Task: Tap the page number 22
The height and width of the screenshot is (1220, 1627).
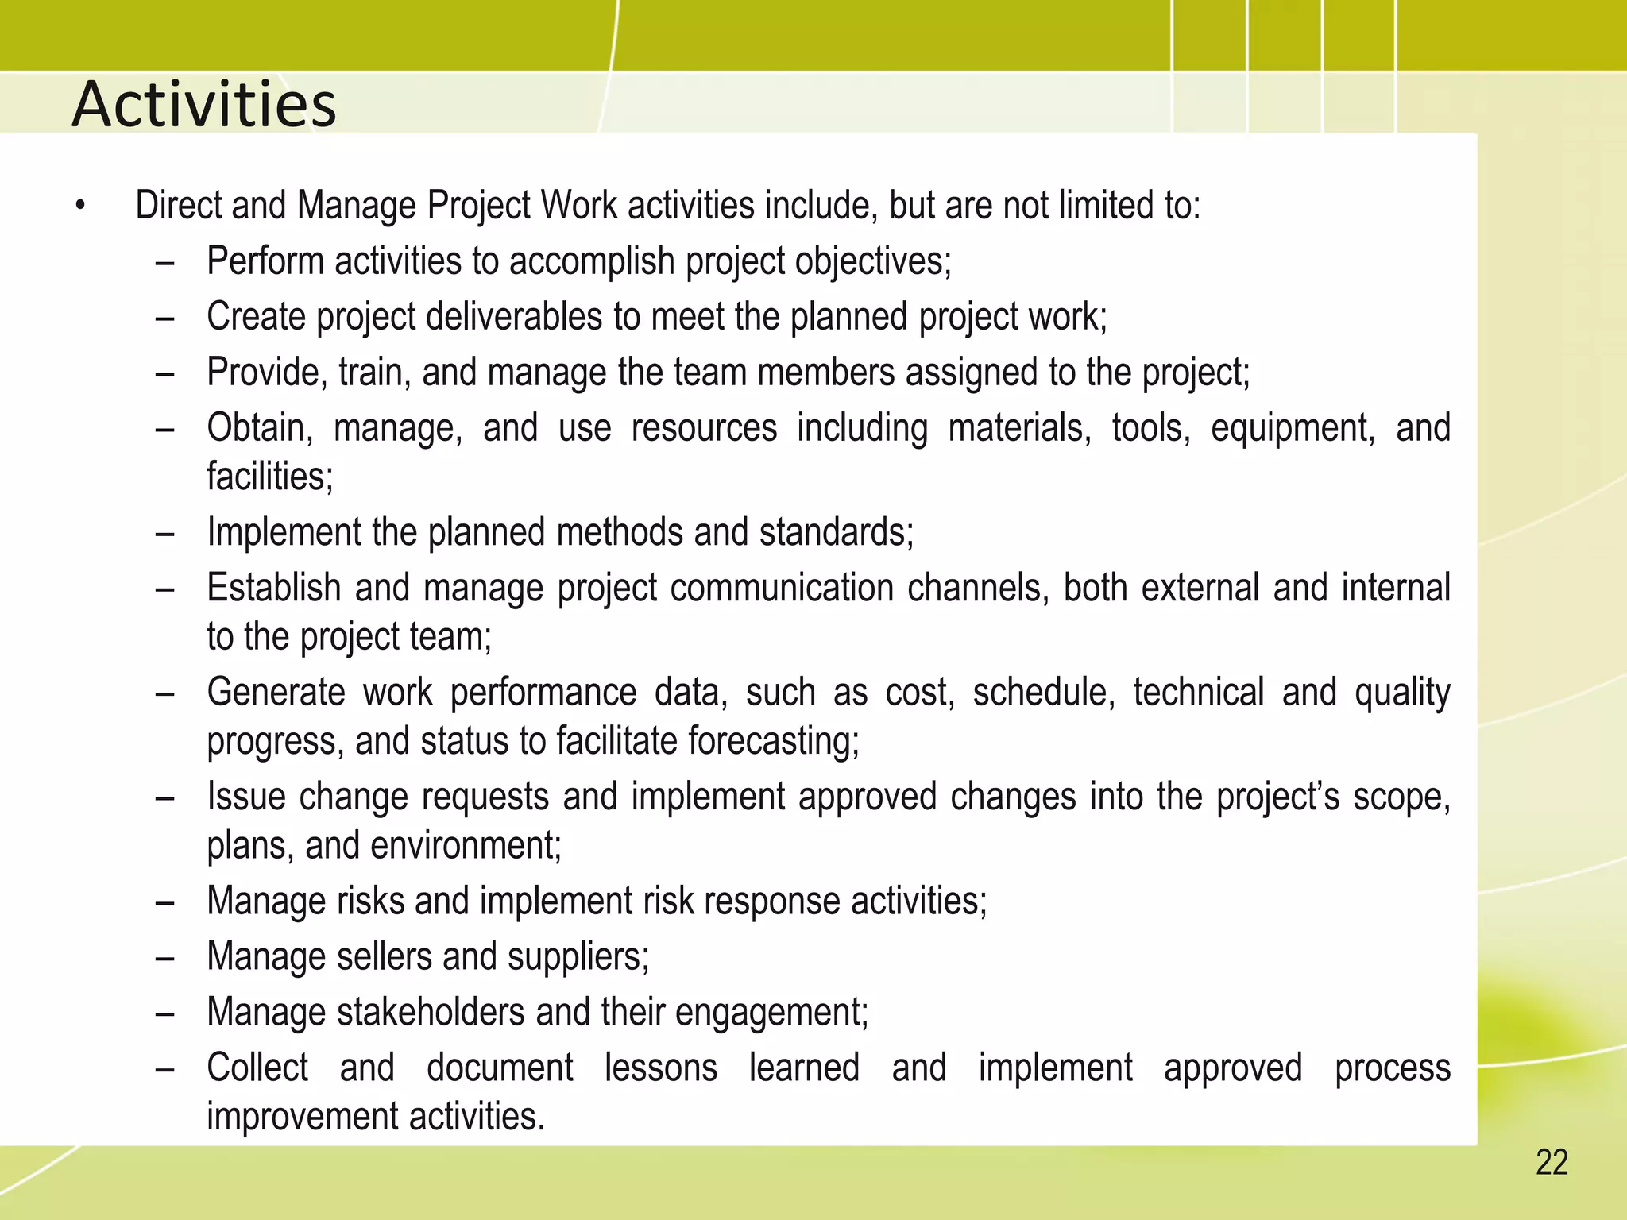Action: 1551,1163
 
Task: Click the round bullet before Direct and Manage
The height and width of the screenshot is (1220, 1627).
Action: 79,207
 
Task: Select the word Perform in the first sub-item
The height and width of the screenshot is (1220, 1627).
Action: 265,261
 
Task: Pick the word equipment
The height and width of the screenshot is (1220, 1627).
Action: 1292,429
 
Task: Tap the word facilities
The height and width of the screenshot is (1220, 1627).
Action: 269,477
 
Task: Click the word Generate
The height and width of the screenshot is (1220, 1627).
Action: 275,693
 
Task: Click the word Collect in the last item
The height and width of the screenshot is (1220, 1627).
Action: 257,1067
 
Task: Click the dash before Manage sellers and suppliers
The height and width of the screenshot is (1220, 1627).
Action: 164,959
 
